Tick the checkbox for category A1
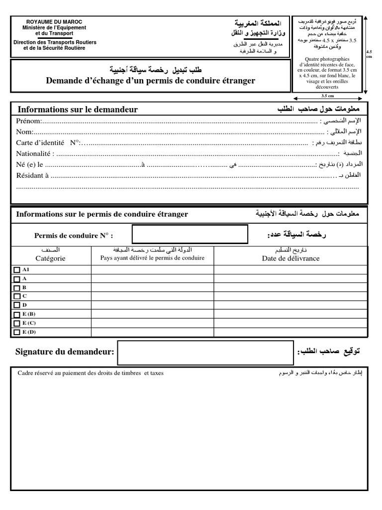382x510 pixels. [x=17, y=269]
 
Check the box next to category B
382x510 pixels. [x=17, y=287]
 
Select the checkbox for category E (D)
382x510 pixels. [x=17, y=332]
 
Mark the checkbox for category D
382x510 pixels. [x=17, y=305]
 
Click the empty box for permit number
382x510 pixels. [x=189, y=235]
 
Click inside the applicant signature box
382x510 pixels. [x=205, y=353]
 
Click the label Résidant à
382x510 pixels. [x=32, y=175]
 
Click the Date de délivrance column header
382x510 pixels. [x=290, y=258]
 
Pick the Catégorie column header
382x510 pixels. [x=50, y=258]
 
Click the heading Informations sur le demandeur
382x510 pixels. [x=78, y=110]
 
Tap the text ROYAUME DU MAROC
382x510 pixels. [x=55, y=22]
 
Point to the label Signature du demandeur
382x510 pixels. [x=65, y=353]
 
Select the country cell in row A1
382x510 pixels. [x=152, y=269]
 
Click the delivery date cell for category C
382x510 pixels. [x=290, y=296]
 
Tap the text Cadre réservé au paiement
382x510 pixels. [x=60, y=373]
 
